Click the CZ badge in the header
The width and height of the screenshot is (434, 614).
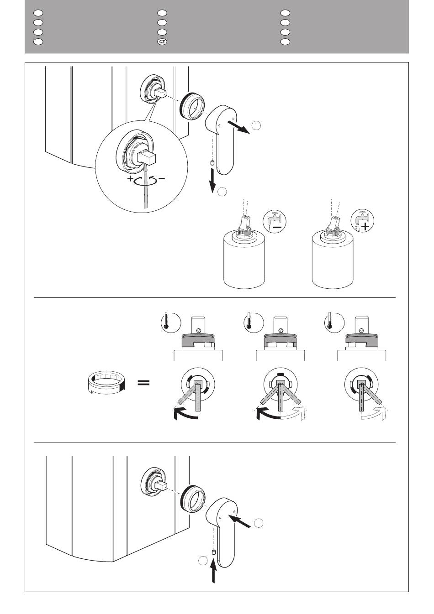click(x=162, y=42)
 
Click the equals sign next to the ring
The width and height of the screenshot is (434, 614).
click(x=144, y=383)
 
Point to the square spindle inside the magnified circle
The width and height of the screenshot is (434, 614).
click(x=147, y=159)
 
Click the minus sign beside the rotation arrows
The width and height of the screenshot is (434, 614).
click(x=162, y=178)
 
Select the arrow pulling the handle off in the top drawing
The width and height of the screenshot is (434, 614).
click(x=239, y=127)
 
